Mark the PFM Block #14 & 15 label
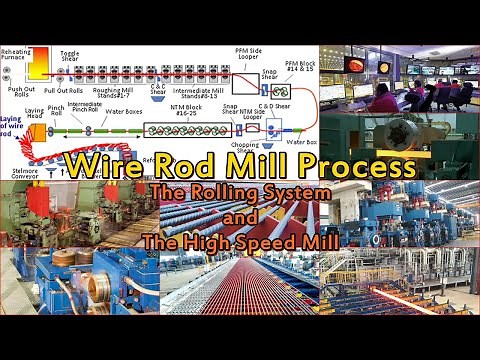pos(299,67)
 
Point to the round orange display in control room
pos(353,64)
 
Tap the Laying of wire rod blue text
pos(11,124)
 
